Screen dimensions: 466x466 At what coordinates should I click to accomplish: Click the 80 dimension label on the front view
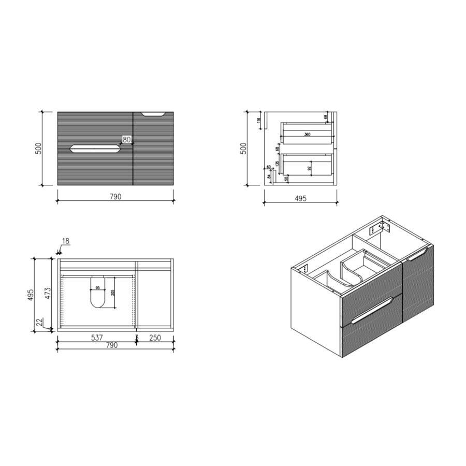[127, 139]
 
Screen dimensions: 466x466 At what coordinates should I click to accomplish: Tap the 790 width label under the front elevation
[115, 197]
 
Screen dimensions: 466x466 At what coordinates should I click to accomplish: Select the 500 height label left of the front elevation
[37, 149]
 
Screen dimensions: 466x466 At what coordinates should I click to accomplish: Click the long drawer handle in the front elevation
[95, 149]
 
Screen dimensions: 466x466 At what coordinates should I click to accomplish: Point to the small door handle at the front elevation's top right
[153, 113]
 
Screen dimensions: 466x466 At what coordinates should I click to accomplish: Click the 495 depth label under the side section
[300, 198]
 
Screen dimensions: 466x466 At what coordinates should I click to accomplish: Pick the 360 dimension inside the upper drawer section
[307, 135]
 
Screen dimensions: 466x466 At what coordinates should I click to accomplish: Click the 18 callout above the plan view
[65, 241]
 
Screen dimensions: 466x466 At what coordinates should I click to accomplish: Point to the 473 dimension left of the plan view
[47, 294]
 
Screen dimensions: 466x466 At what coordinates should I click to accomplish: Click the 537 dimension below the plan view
[96, 338]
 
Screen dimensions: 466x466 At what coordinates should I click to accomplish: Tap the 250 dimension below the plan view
[155, 338]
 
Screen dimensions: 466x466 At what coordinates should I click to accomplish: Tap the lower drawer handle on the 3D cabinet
[370, 311]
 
